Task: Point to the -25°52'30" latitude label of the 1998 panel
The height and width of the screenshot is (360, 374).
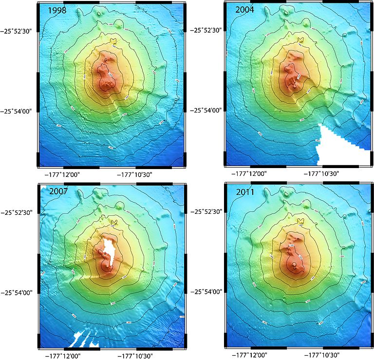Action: pos(19,31)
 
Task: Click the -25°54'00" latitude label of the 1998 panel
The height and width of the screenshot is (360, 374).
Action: pos(19,111)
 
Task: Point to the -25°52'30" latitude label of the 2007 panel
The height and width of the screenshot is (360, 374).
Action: pos(19,212)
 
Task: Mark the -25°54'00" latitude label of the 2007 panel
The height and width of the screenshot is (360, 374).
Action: pos(19,292)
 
